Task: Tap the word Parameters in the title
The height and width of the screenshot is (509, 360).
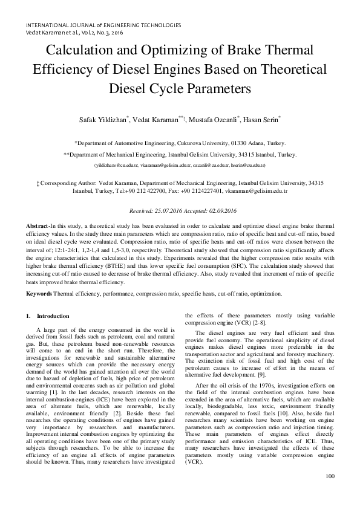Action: pos(215,88)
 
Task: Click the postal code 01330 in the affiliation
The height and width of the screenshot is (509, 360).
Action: pos(244,143)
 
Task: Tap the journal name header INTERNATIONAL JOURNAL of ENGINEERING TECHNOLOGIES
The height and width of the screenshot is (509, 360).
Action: pos(103,25)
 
